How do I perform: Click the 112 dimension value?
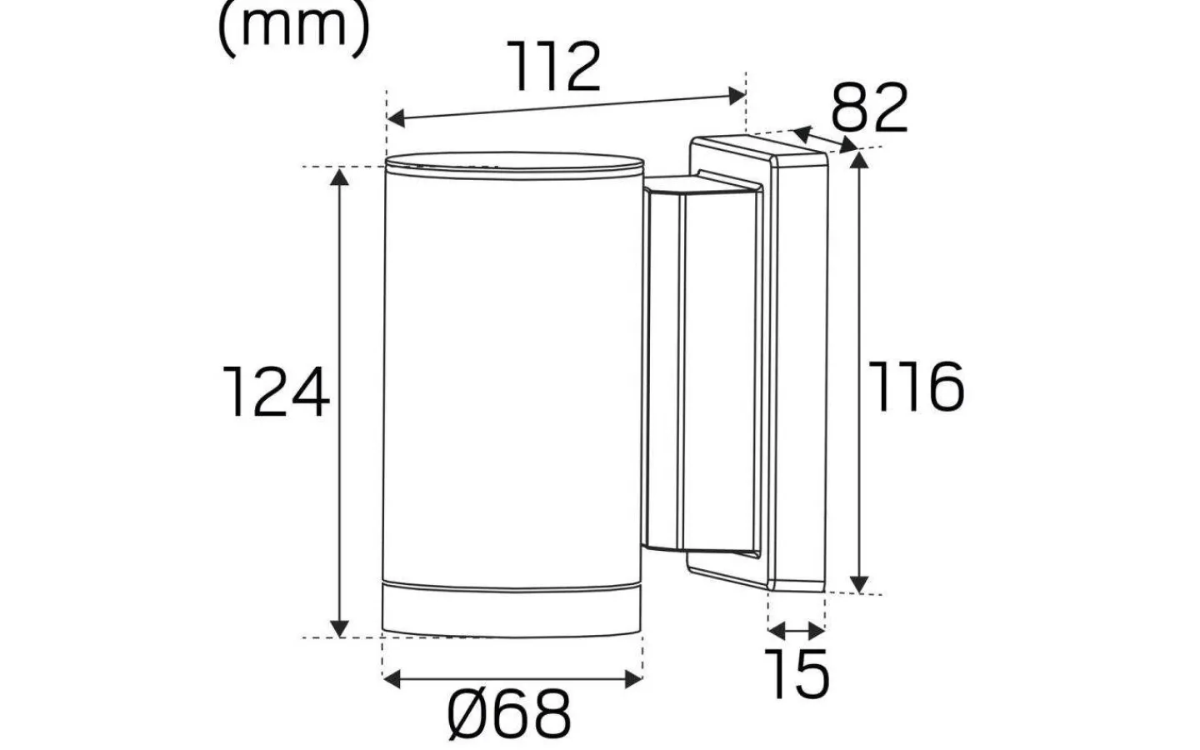pos(556,68)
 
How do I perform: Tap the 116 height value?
pos(917,387)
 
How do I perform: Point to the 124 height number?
pos(277,393)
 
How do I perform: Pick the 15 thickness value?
pos(798,674)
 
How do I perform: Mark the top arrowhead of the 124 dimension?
pos(339,177)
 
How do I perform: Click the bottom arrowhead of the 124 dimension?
pos(339,627)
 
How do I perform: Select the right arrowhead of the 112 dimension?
pos(737,96)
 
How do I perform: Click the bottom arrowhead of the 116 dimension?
pos(861,582)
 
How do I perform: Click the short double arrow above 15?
pos(797,629)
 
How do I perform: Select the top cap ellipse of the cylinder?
pos(513,163)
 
